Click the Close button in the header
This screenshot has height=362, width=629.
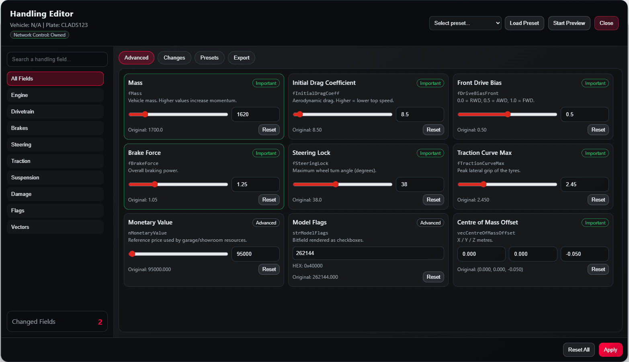click(x=606, y=23)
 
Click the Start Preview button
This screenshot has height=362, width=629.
click(x=569, y=23)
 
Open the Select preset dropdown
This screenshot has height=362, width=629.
click(x=465, y=23)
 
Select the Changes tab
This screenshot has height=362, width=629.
click(x=174, y=58)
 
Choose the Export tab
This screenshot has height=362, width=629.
click(x=241, y=58)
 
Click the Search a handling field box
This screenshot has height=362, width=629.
click(x=57, y=59)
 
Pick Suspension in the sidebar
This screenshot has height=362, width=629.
click(x=55, y=178)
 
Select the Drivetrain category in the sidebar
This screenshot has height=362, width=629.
click(x=55, y=111)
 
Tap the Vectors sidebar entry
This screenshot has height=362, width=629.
click(x=55, y=227)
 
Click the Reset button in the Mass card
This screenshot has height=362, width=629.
click(x=269, y=130)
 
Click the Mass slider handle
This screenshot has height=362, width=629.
click(x=145, y=114)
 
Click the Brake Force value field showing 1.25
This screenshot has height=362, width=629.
click(x=255, y=184)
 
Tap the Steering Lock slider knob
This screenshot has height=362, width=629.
click(x=336, y=184)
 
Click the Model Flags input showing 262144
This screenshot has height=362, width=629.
click(x=368, y=253)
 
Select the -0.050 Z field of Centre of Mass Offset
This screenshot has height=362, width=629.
click(x=584, y=254)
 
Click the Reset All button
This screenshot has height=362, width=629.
click(x=578, y=350)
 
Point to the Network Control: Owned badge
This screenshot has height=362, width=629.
click(x=40, y=35)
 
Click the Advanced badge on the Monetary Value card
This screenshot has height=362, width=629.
click(x=266, y=222)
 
